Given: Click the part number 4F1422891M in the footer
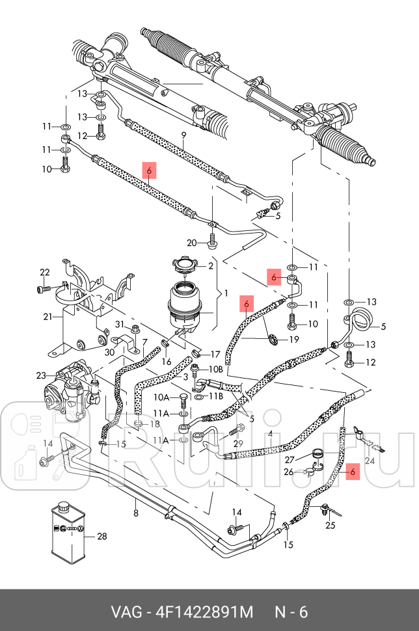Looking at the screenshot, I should (202, 612).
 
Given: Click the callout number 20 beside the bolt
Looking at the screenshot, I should (191, 243).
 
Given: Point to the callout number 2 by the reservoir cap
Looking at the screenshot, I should (211, 266).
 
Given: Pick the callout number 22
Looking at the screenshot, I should (44, 272).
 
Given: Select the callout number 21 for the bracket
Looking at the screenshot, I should (46, 317).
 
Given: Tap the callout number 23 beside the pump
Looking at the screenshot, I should (41, 375).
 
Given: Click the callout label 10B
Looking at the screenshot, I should (216, 369).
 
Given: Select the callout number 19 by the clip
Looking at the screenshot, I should (293, 339).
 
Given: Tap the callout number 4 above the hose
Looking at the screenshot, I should (270, 433).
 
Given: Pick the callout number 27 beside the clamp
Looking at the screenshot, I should (290, 459).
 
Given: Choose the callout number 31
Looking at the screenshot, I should (119, 325).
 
